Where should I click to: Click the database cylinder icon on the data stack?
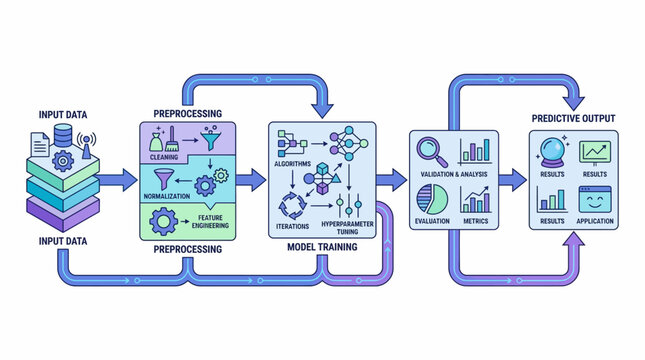(x=62, y=137)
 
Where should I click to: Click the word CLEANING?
(x=164, y=156)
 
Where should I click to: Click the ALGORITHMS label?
(x=293, y=162)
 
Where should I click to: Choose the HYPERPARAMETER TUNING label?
(x=348, y=227)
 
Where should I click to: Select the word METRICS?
(x=475, y=219)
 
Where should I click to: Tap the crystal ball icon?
(x=553, y=150)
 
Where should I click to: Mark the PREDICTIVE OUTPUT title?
(x=572, y=118)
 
